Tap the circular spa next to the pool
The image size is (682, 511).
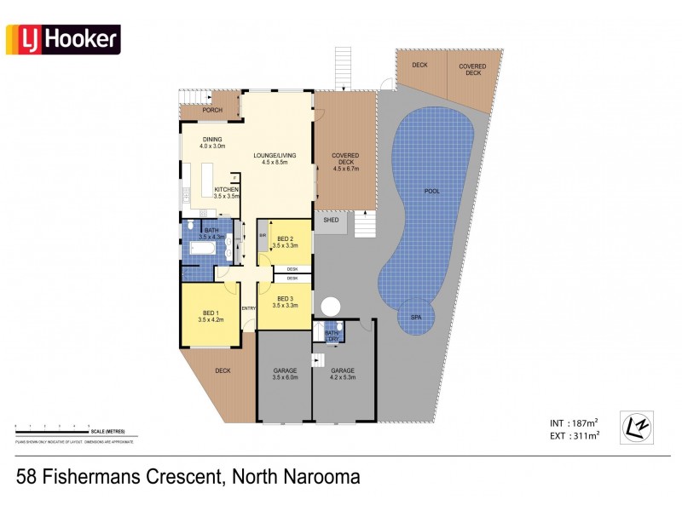417,316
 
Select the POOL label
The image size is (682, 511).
432,192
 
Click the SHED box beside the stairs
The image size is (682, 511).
331,220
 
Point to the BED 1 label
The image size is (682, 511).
211,316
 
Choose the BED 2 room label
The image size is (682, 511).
285,242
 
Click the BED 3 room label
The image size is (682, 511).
285,301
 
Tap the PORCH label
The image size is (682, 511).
212,111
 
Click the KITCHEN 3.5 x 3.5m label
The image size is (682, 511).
227,192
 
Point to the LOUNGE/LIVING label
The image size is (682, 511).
274,158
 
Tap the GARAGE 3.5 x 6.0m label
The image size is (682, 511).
285,375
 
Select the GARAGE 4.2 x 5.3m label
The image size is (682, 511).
343,375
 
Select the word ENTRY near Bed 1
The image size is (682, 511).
249,307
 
